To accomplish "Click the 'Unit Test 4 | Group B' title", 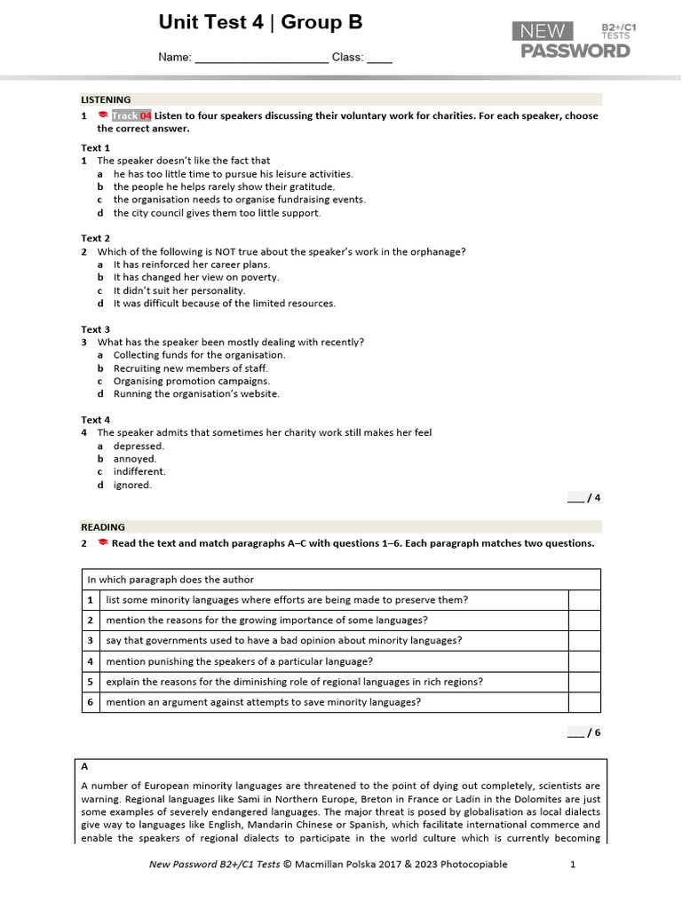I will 260,23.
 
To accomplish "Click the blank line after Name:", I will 261,59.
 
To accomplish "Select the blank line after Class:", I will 379,59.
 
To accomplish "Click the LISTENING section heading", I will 106,100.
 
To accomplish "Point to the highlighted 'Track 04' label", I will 131,116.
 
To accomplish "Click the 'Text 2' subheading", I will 96,239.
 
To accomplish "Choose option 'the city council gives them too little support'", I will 217,213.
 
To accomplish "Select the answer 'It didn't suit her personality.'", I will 179,290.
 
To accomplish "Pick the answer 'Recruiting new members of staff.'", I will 190,368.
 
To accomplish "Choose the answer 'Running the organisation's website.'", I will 196,394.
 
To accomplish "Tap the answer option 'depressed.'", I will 139,447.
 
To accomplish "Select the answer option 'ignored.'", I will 132,486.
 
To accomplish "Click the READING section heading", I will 103,527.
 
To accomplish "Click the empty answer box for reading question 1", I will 583,600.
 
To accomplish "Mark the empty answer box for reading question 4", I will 583,661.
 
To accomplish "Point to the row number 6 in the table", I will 91,702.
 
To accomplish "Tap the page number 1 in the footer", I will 573,865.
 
